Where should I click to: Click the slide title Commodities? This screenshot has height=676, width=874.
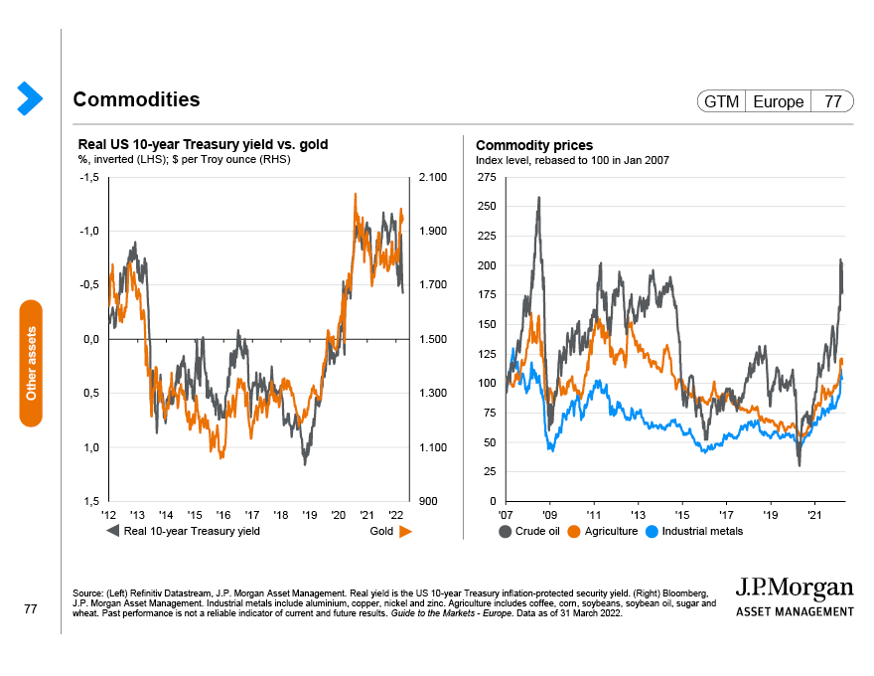136,99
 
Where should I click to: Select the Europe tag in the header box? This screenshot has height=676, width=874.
778,101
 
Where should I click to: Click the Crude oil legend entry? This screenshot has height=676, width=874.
531,531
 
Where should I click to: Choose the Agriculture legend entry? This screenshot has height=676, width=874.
605,531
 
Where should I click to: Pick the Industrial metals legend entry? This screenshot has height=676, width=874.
694,531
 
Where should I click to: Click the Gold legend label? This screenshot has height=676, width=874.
382,531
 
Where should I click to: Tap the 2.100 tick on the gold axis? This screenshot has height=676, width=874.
434,177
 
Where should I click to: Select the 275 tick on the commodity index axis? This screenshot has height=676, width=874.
487,177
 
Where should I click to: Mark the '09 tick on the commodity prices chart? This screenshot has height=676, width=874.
549,516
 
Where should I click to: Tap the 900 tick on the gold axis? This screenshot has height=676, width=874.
429,501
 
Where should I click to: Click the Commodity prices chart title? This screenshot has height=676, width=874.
534,145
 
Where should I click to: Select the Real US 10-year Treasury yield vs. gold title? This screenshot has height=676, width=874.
203,145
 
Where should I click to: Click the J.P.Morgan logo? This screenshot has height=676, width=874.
795,594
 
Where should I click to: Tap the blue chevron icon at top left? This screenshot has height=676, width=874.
30,96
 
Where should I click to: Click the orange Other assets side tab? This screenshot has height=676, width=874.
31,363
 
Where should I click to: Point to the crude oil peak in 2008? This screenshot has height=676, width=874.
538,197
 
